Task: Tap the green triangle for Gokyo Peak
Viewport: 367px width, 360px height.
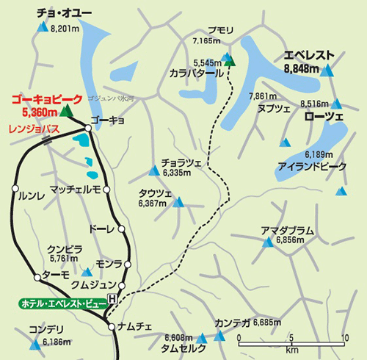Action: (x=65, y=111)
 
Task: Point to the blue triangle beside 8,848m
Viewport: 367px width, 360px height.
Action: (x=327, y=71)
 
